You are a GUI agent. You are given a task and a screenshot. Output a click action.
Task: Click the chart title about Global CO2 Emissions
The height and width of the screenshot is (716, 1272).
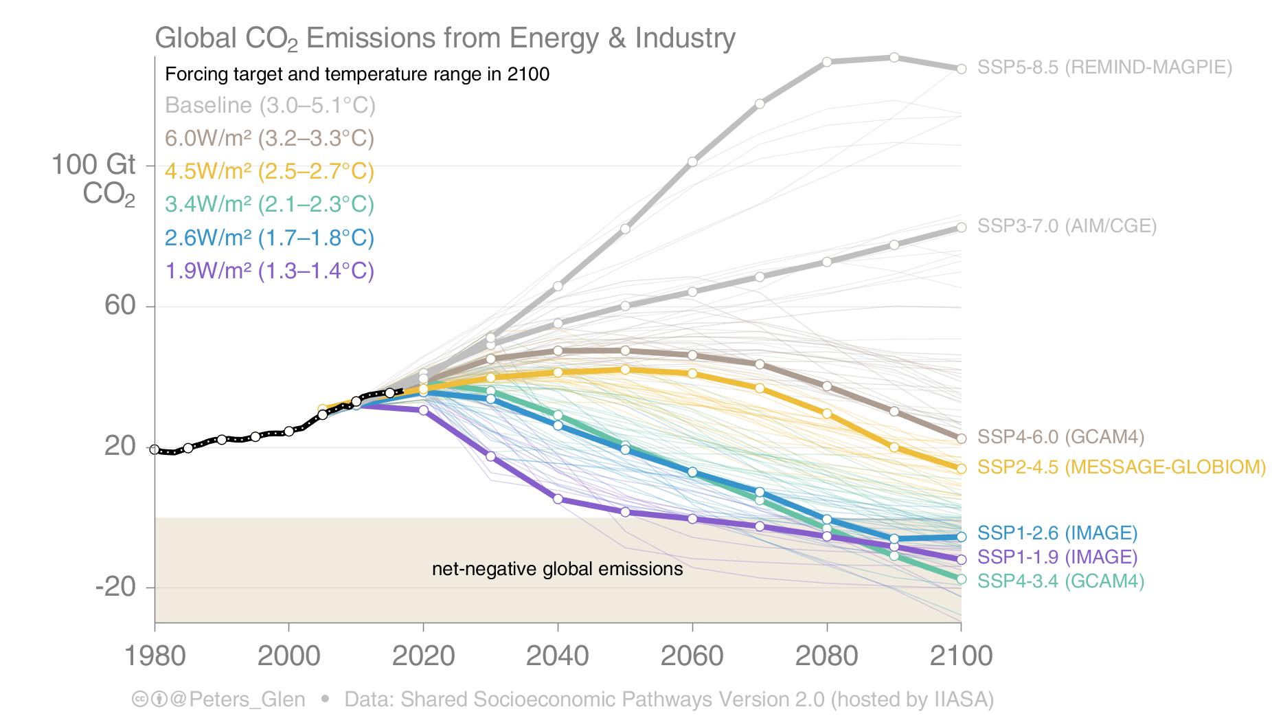click(445, 38)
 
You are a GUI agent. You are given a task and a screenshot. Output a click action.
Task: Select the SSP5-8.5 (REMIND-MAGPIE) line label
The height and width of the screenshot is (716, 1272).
click(1104, 67)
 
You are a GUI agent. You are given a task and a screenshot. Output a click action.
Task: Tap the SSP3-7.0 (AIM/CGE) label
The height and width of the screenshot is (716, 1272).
click(1067, 226)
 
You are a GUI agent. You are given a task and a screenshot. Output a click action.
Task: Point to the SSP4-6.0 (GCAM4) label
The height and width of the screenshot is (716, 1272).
click(1060, 437)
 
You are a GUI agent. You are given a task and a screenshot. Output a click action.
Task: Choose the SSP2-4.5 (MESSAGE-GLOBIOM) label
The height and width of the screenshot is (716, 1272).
click(1121, 467)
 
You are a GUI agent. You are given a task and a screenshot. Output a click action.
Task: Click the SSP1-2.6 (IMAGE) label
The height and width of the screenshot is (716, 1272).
click(1057, 533)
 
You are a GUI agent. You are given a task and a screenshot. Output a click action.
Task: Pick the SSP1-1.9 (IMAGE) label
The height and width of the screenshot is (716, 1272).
click(1057, 557)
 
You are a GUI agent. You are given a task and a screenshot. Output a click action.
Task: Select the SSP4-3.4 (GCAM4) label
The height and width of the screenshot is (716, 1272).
click(1060, 581)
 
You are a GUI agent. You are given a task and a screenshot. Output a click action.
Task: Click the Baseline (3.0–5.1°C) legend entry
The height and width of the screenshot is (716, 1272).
click(270, 106)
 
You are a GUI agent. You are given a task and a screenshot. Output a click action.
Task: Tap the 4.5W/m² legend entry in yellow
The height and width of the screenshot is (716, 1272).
click(269, 171)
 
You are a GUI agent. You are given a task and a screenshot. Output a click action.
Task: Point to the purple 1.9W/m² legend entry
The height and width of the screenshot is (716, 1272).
click(269, 271)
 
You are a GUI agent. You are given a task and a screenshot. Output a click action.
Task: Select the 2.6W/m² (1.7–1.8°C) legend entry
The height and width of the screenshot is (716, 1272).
click(269, 238)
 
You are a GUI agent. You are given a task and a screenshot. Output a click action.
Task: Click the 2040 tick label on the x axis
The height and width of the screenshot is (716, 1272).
click(557, 656)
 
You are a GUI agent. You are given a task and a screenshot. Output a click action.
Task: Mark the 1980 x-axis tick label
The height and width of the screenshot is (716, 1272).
click(155, 656)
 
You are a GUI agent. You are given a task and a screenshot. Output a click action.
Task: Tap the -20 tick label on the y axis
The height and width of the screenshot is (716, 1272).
click(115, 588)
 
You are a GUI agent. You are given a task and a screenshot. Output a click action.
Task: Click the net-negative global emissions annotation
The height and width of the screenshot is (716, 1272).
click(557, 569)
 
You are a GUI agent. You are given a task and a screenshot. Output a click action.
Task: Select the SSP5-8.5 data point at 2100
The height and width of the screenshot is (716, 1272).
click(961, 69)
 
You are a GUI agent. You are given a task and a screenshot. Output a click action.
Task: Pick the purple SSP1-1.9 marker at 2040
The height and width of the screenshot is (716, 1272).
click(558, 499)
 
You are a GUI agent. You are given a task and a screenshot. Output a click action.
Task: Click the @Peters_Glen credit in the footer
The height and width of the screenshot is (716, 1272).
click(238, 700)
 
